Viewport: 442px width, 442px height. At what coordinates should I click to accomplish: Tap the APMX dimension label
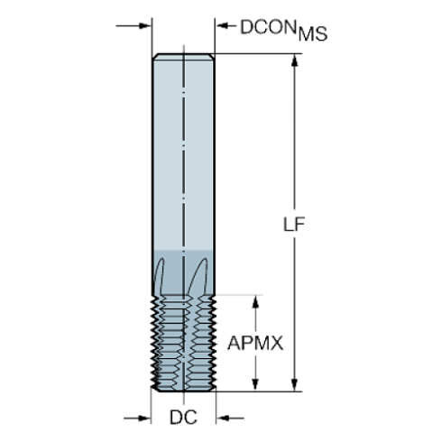pos(256,344)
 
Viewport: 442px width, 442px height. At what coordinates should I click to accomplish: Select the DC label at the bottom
pos(184,418)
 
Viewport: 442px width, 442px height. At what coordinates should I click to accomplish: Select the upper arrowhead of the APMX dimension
pos(256,301)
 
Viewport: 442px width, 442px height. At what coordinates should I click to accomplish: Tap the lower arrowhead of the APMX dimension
pos(256,385)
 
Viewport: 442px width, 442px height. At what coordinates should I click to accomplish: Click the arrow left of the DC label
pos(142,418)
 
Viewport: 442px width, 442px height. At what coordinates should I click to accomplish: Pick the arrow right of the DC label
pos(225,418)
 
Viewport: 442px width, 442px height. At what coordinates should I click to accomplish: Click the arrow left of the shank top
pos(145,26)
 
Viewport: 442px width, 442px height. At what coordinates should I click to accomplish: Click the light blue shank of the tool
pos(183,144)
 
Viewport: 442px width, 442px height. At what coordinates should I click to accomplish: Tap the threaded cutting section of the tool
pos(183,343)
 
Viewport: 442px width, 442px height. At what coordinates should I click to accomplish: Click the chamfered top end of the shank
pos(183,57)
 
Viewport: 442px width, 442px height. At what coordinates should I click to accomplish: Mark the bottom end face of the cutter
pos(183,391)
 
